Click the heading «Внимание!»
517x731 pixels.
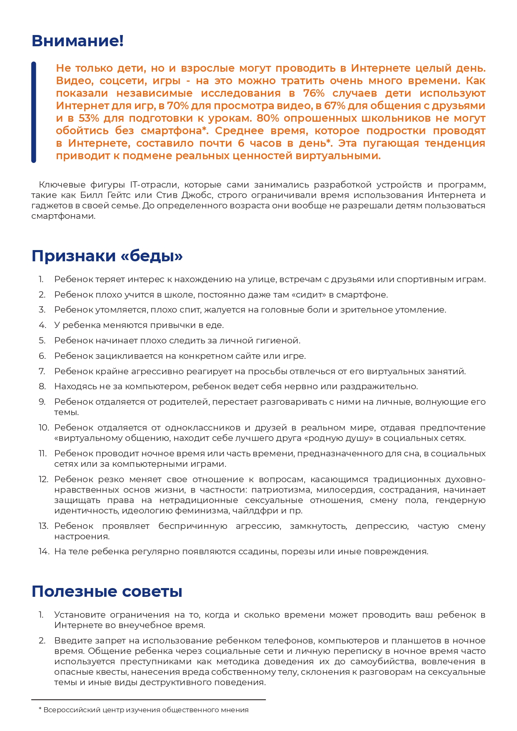[77, 41]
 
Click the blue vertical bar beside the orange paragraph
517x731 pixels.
[34, 112]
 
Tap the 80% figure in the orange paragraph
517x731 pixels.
[268, 118]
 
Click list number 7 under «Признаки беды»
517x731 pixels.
[42, 371]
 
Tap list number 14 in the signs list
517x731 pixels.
[44, 551]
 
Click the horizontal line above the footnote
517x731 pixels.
[148, 700]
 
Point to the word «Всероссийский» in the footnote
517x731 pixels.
[67, 710]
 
